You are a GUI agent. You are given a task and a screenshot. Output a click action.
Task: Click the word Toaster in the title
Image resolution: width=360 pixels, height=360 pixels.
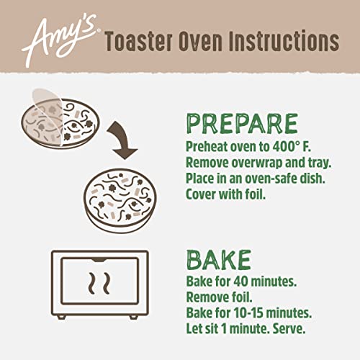click(141, 42)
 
